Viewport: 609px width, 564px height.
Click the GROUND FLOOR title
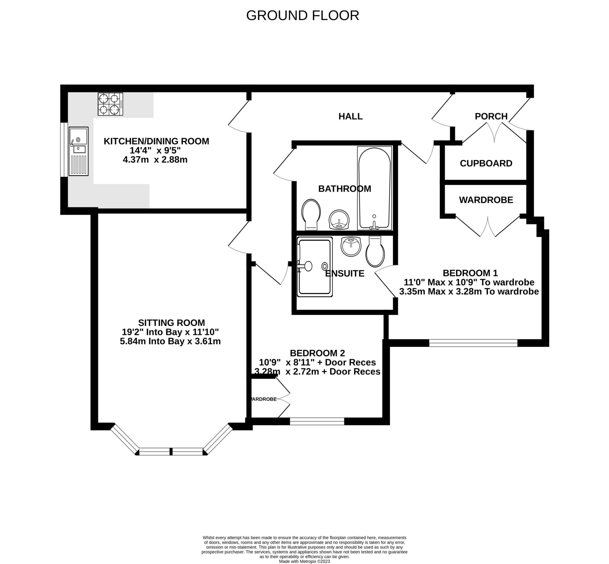(x=302, y=15)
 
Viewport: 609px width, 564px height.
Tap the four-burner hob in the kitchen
(x=110, y=104)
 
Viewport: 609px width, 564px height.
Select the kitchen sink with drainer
(x=79, y=151)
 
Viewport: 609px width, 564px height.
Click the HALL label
(x=350, y=116)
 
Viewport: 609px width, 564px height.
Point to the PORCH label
(x=491, y=116)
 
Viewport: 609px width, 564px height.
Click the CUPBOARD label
(x=486, y=163)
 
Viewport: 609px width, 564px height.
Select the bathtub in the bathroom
(x=374, y=188)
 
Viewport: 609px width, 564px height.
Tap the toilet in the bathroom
(x=311, y=214)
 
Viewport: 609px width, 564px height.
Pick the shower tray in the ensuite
(x=314, y=267)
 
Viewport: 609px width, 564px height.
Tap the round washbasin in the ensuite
(x=351, y=246)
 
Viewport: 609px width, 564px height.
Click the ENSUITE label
(x=344, y=274)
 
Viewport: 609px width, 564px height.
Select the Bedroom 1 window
(x=473, y=343)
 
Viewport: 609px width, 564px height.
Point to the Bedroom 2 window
(x=317, y=422)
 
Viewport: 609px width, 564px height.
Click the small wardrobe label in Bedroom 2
(x=264, y=399)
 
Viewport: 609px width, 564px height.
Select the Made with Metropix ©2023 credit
(x=304, y=561)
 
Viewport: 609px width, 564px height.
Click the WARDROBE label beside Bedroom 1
(x=486, y=200)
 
